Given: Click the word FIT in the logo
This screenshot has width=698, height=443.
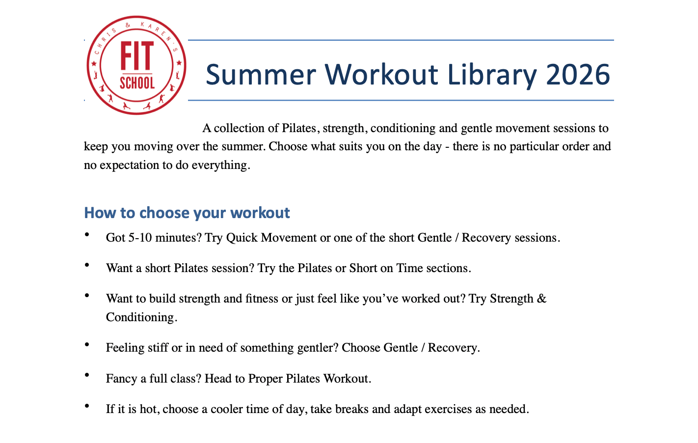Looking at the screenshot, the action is (x=137, y=55).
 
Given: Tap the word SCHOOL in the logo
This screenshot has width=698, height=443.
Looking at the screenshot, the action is (x=137, y=83).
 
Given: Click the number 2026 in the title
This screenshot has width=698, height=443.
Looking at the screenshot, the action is (x=578, y=74).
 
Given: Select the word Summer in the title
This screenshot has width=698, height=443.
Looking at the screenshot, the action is (x=261, y=74).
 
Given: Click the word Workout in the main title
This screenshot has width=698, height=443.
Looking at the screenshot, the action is (x=381, y=74).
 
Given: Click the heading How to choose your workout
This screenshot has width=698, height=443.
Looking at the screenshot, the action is (x=187, y=213).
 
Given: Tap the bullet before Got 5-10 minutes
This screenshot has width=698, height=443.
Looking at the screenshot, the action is (x=87, y=235).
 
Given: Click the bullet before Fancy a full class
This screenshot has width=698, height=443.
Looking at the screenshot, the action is (x=87, y=375).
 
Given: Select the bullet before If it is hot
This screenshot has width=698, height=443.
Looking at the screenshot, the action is (x=87, y=406).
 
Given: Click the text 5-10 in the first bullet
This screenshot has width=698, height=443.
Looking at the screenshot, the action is (x=140, y=238).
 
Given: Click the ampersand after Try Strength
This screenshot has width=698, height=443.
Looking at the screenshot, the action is (x=541, y=299).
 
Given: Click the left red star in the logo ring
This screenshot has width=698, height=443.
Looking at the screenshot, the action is (x=93, y=63).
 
